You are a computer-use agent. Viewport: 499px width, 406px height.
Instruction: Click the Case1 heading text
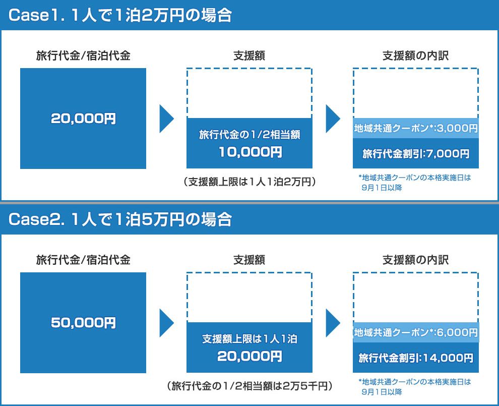pos(120,15)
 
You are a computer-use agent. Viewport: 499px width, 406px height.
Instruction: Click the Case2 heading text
pos(120,219)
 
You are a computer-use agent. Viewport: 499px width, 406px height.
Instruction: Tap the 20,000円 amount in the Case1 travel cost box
pos(83,119)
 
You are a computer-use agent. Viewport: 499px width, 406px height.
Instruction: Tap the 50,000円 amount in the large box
pos(83,323)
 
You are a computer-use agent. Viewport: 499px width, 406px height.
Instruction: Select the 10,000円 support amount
pos(250,152)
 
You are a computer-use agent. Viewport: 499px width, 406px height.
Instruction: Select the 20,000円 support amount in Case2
pos(250,356)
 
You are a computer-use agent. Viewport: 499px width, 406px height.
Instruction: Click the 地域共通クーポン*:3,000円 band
pos(416,128)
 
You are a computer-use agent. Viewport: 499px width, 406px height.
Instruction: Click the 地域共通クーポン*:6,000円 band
pos(416,332)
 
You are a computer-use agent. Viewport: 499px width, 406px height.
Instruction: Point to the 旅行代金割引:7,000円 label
pos(416,154)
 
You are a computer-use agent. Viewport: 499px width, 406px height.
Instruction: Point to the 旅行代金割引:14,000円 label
pos(416,358)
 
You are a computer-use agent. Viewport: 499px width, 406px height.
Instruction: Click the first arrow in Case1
pos(166,119)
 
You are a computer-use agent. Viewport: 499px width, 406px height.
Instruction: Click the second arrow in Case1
pos(333,119)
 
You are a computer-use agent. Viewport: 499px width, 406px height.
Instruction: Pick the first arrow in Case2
pos(166,323)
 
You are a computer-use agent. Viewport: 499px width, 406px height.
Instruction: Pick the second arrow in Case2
pos(333,323)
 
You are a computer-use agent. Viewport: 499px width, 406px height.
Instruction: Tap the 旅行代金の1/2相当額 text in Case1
pos(250,135)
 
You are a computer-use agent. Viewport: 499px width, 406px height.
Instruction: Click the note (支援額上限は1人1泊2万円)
pos(250,182)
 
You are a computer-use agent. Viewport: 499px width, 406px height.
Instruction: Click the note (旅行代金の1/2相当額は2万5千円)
pos(250,386)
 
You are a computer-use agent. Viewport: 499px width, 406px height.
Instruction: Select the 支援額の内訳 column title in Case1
pos(416,55)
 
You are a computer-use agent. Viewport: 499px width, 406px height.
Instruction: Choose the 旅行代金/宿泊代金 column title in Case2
pos(83,260)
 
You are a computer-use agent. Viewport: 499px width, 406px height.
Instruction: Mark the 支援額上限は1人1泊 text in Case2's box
pos(250,339)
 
